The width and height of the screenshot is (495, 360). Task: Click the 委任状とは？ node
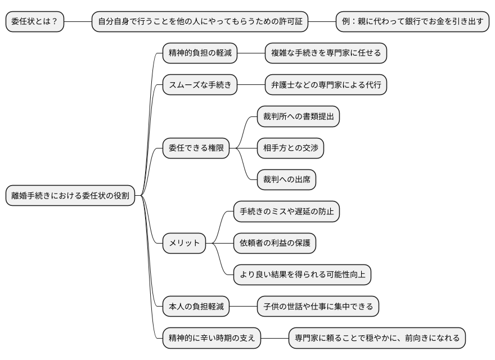(34, 22)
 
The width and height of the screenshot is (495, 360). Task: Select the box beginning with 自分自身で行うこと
(200, 22)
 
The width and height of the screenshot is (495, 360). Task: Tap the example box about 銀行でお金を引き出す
(412, 22)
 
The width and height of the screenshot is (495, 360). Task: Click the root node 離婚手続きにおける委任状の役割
(70, 196)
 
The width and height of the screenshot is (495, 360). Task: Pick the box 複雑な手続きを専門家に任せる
(326, 53)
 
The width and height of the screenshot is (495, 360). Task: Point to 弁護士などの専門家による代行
(326, 85)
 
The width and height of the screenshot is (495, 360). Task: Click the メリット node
(184, 243)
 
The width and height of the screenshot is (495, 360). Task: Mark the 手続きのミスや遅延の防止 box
(286, 211)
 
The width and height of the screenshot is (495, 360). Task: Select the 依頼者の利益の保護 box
(274, 243)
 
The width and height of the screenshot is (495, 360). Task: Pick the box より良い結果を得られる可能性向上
(302, 274)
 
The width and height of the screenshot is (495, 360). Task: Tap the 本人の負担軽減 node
(196, 307)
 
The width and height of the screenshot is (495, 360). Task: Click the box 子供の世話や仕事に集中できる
(318, 307)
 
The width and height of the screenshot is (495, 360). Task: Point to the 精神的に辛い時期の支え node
(211, 338)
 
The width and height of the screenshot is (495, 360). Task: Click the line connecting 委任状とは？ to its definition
(78, 22)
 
